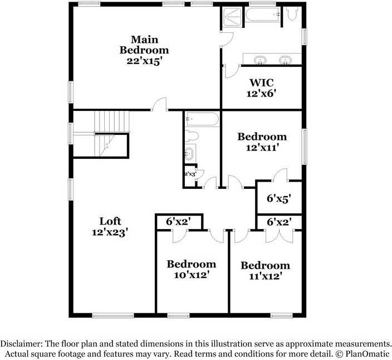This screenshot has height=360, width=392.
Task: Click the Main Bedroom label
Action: click(x=144, y=50)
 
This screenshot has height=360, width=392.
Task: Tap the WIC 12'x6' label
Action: click(x=261, y=87)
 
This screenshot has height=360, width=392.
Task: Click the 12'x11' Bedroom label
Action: click(x=262, y=142)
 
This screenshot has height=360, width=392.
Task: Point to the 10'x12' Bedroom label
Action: click(x=191, y=269)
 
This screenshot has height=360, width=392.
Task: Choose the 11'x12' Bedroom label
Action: click(x=265, y=270)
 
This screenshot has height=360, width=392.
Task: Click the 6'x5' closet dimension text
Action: click(x=279, y=198)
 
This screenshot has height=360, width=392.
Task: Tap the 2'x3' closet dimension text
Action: click(x=190, y=174)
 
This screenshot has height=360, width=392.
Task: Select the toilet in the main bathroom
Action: click(x=292, y=13)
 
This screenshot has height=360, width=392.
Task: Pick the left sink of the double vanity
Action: click(x=259, y=59)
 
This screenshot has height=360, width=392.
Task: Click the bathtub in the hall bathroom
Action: click(x=201, y=119)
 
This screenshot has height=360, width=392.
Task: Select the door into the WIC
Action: click(x=231, y=71)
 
